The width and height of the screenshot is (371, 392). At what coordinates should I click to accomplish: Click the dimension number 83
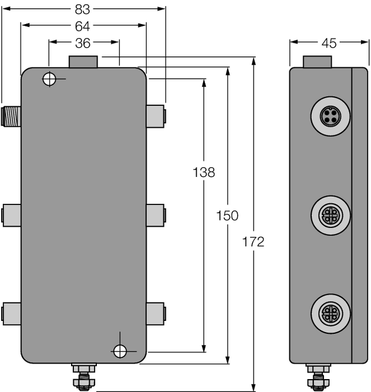click(83, 9)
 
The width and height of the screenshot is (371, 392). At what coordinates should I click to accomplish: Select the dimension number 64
click(83, 26)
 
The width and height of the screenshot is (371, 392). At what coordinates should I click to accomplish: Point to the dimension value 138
click(204, 173)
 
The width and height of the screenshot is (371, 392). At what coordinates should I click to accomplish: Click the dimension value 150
click(227, 216)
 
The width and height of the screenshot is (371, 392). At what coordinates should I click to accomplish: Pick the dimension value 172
click(253, 242)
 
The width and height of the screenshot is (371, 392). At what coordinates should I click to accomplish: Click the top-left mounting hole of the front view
click(50, 79)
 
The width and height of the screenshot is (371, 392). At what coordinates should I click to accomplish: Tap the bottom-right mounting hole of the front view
click(120, 351)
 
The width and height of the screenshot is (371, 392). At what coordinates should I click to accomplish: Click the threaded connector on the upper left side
click(11, 115)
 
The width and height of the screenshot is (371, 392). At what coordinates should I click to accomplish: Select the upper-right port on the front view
click(156, 116)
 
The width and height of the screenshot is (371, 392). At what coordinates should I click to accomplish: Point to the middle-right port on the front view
click(156, 215)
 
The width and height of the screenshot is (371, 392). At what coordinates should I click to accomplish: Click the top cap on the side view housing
click(318, 61)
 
